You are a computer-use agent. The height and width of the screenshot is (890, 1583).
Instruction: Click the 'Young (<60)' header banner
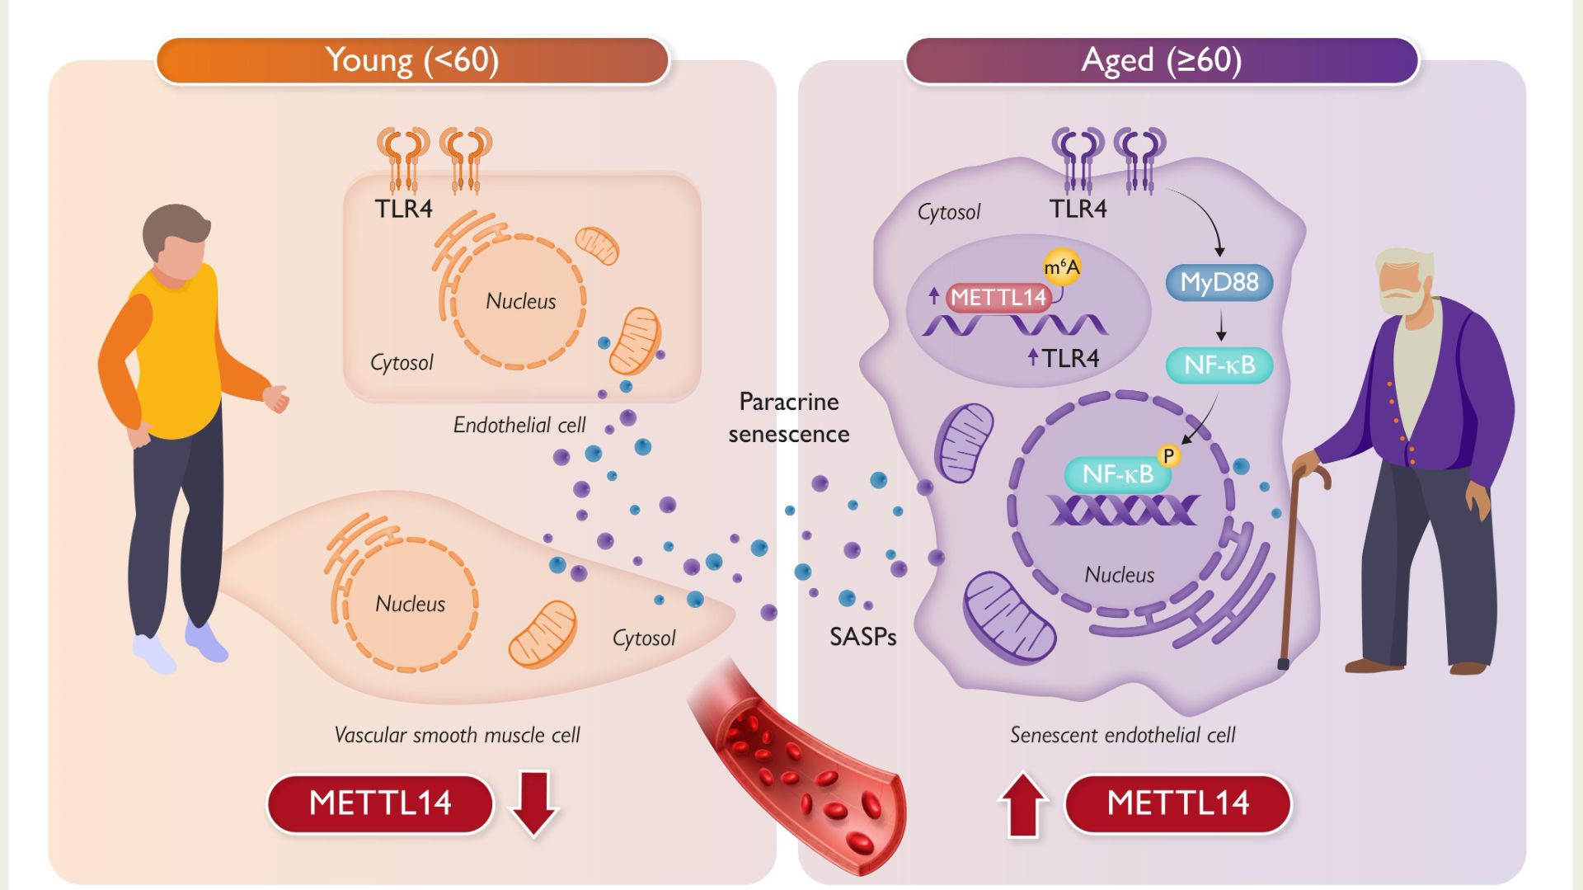(412, 60)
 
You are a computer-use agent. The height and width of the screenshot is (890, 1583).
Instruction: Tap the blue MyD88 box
(1219, 283)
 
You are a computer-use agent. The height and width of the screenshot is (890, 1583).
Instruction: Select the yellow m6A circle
(1062, 267)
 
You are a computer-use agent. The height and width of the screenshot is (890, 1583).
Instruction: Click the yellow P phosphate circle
(1168, 455)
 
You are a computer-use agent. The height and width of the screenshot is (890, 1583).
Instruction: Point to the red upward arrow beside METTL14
(1022, 804)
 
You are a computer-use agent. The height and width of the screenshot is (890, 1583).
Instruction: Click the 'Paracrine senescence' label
(788, 417)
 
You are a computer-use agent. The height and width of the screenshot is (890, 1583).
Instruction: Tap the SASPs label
(862, 637)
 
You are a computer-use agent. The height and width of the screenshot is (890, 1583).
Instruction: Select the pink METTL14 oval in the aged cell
(998, 298)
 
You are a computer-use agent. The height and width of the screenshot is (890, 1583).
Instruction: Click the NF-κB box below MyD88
(1219, 365)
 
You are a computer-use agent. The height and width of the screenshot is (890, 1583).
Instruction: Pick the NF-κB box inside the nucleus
(1117, 475)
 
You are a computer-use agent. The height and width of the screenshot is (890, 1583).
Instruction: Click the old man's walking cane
(1289, 569)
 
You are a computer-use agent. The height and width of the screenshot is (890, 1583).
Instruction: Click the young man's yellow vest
(177, 355)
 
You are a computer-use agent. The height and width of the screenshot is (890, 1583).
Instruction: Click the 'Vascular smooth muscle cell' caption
(457, 735)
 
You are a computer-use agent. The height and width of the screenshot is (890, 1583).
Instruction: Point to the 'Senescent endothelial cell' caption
(1122, 735)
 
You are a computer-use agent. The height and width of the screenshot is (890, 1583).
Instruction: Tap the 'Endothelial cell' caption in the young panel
(519, 426)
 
